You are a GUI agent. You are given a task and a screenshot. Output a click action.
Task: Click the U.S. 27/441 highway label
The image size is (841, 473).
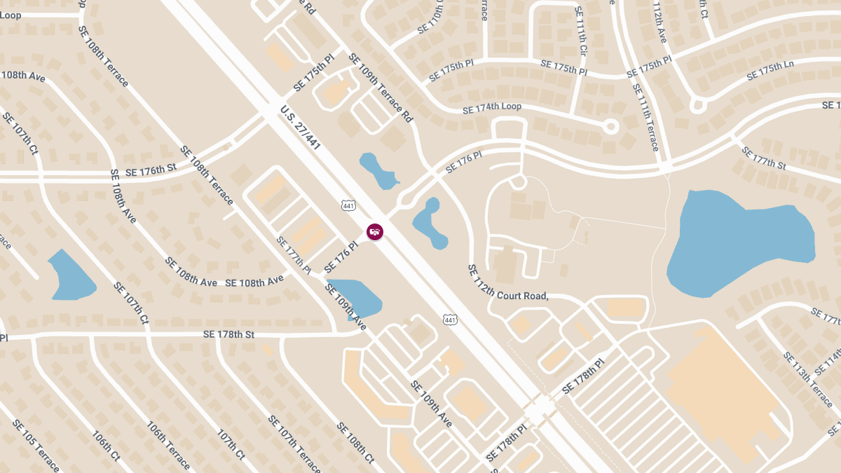(300, 128)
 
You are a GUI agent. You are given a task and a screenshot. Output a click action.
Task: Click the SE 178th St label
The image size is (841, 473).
(228, 334)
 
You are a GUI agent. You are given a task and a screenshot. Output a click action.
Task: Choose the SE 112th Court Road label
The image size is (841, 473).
(507, 285)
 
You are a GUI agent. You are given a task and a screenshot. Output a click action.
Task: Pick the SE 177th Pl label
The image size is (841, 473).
(294, 254)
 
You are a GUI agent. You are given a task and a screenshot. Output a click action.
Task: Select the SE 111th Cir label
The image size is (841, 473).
(580, 32)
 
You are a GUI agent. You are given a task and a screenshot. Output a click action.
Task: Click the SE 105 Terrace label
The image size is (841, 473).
(35, 445)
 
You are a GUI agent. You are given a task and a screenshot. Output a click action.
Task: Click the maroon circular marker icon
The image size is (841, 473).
(375, 231)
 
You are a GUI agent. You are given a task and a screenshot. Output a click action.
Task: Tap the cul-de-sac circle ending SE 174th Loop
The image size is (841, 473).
(610, 127)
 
